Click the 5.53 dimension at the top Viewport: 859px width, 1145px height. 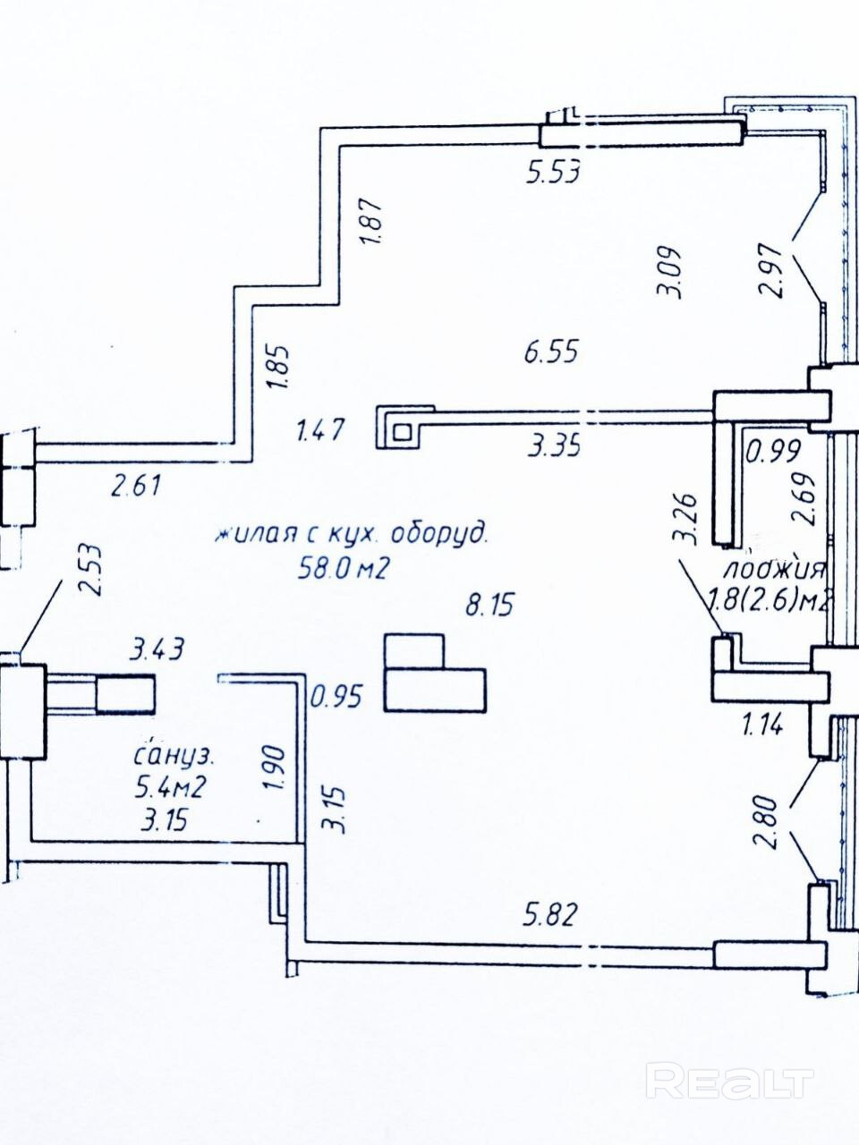[554, 171]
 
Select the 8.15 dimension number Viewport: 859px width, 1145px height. [489, 606]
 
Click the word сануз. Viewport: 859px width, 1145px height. [174, 757]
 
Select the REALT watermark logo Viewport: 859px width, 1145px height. [730, 1081]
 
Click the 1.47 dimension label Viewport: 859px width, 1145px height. [319, 431]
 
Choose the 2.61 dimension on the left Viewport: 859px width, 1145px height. [135, 487]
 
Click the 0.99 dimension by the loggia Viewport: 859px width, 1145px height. [774, 450]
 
